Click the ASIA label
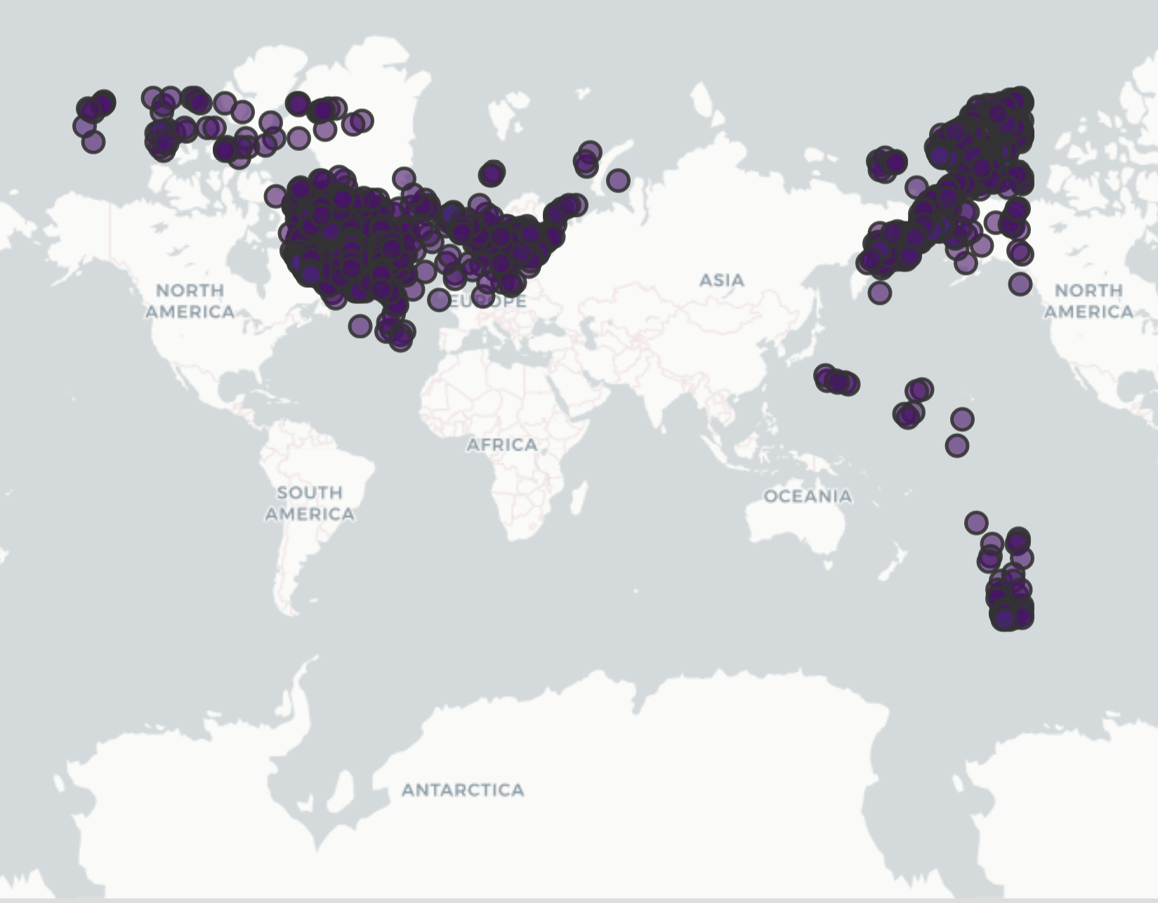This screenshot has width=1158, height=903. [x=721, y=280]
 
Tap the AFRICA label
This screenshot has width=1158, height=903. [x=501, y=444]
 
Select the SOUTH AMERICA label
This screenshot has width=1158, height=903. [x=310, y=503]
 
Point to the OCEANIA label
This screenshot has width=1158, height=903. [x=808, y=496]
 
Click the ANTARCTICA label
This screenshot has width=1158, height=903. [x=463, y=790]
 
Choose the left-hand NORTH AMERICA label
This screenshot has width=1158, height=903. [x=190, y=301]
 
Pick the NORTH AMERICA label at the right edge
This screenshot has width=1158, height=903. [x=1088, y=301]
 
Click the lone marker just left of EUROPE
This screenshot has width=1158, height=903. [x=440, y=300]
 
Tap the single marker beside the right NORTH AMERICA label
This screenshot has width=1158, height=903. [x=1020, y=284]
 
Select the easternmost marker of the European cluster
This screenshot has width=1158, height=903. [x=617, y=180]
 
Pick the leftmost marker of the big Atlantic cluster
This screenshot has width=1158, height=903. [x=275, y=196]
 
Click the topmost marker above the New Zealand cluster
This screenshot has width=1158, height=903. [x=976, y=522]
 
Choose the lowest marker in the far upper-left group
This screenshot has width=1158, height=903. [x=93, y=142]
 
